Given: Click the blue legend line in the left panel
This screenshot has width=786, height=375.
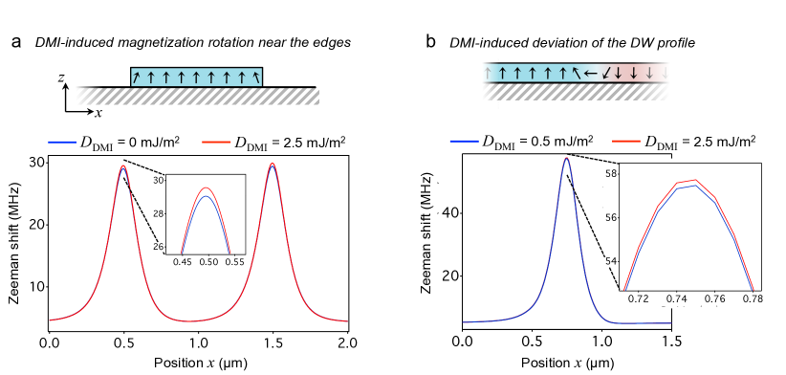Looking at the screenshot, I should [62, 142].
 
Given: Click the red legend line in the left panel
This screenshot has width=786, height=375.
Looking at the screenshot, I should [216, 142].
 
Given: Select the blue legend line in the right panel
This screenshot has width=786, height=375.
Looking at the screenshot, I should [464, 141].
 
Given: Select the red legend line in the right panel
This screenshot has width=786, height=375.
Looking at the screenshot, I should [626, 141].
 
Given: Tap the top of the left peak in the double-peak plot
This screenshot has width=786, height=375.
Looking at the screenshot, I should [123, 166].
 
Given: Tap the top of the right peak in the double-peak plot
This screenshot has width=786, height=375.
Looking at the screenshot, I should [273, 165].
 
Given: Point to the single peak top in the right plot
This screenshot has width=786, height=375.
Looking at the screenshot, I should [567, 158].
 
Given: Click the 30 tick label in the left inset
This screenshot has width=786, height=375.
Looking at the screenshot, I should [159, 180].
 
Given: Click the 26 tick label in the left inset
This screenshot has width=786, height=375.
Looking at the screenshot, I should [160, 247].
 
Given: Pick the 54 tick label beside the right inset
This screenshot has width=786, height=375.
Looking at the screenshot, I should [609, 261].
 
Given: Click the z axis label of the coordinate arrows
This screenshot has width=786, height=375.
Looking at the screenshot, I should [61, 78].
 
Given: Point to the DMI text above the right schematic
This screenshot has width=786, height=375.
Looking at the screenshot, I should [464, 43].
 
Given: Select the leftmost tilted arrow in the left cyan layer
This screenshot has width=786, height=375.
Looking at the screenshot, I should [137, 77].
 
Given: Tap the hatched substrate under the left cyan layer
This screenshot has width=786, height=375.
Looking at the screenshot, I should [210, 96].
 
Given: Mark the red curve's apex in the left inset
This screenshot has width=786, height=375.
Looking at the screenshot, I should [206, 188].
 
